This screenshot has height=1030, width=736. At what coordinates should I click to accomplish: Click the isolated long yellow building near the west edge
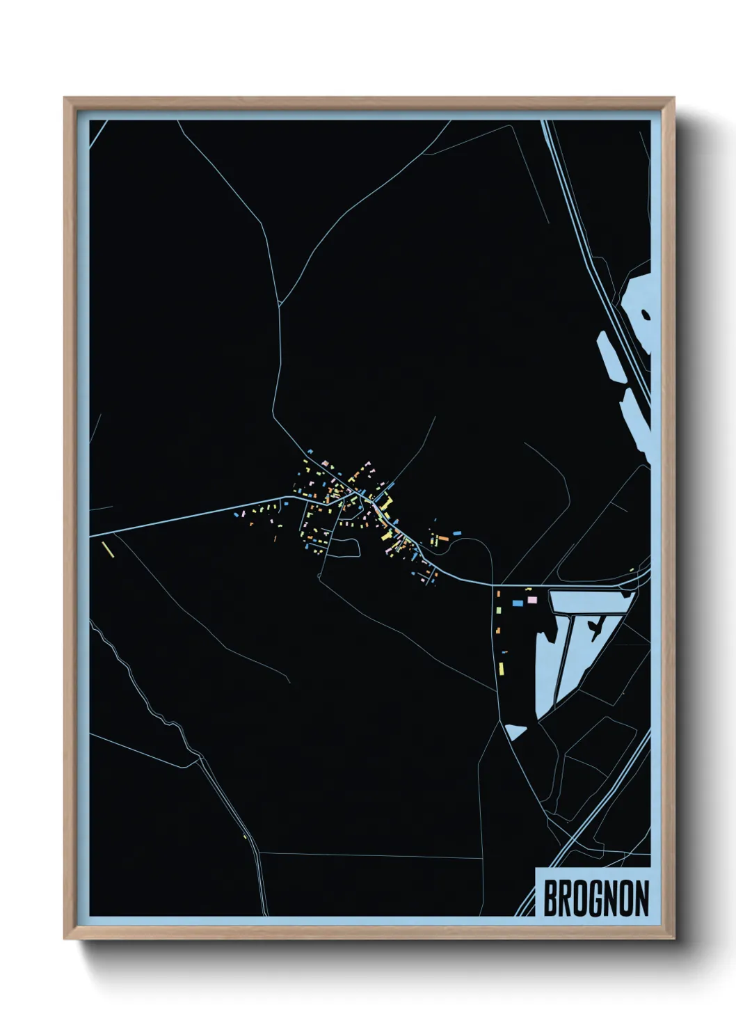pos(107,549)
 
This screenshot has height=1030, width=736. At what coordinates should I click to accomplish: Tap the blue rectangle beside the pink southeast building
pos(518,602)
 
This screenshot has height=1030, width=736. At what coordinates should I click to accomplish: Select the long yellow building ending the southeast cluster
pos(501,669)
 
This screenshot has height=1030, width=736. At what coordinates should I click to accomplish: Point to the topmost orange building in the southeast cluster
pos(498,593)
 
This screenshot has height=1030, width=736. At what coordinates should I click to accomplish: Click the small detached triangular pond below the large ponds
pos(515,731)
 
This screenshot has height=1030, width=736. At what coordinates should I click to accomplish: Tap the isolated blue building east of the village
pos(457,532)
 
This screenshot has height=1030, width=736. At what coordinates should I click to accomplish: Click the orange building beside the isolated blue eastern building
pos(442,538)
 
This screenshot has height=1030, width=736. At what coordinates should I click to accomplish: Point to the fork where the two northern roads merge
pos(280,304)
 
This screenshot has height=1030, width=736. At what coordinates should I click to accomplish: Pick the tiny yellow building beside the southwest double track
pos(245,836)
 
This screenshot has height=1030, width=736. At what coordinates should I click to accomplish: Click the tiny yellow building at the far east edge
pos(632,571)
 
